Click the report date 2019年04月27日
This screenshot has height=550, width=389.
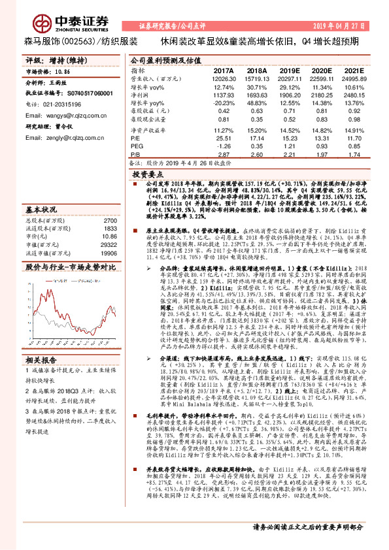347,25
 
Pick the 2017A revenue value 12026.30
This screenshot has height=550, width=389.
223,78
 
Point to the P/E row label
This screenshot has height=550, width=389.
135,138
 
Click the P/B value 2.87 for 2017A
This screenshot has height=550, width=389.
224,155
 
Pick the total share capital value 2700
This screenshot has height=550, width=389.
110,221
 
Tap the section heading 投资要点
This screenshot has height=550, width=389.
148,175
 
